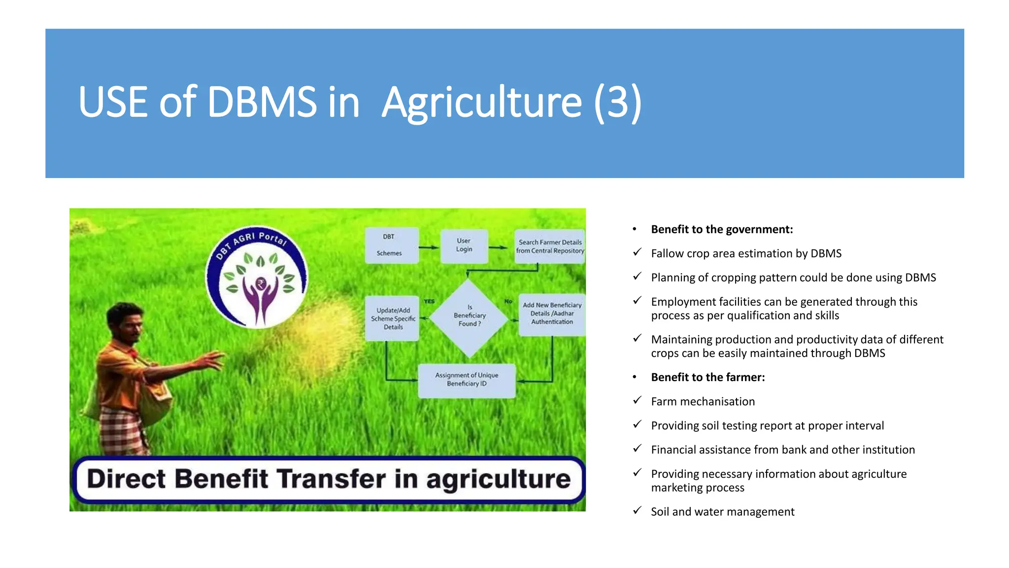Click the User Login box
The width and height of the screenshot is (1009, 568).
(464, 246)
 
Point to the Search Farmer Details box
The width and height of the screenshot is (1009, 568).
(550, 246)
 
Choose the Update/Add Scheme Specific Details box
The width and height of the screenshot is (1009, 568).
(393, 319)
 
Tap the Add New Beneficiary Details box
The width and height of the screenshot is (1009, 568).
(552, 314)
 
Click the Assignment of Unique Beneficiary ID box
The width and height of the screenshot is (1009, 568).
(467, 380)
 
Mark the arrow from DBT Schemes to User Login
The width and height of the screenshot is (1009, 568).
(429, 247)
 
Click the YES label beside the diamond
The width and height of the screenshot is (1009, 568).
(429, 301)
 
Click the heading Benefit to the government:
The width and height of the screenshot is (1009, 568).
(722, 229)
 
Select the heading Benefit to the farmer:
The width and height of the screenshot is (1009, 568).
(707, 377)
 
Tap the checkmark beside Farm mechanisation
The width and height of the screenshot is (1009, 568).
(637, 400)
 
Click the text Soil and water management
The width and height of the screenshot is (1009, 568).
(722, 512)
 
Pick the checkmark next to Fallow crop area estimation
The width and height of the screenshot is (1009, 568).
(637, 252)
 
